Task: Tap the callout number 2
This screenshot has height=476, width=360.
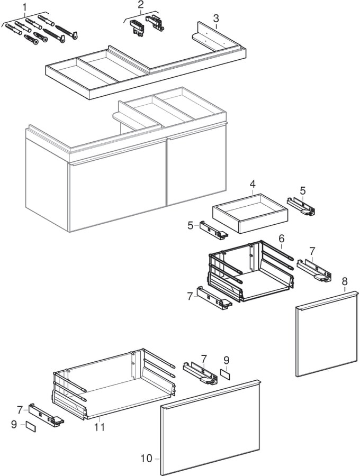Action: click(140, 5)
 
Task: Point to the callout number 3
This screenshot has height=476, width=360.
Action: click(216, 19)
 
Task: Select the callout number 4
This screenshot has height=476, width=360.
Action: click(253, 184)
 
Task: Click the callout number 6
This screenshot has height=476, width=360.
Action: click(282, 239)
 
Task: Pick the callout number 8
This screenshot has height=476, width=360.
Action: click(344, 281)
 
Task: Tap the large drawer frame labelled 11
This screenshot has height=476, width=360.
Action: click(114, 383)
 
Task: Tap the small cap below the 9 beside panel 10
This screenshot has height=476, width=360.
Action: click(226, 373)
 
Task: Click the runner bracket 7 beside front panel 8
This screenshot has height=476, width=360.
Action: click(313, 269)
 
